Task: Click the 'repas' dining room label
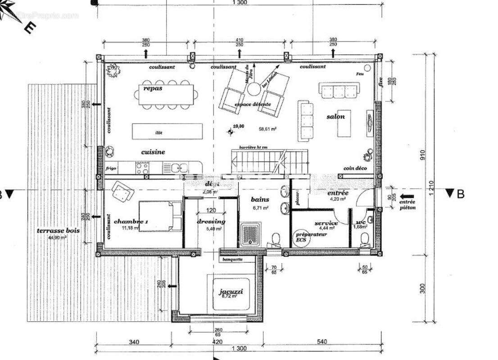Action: point(153,89)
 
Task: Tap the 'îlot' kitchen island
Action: point(158,131)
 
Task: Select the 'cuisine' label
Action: point(153,152)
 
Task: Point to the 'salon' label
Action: point(335,117)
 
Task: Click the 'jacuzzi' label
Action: point(231,292)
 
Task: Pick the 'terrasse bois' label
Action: point(58,230)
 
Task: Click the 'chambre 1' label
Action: point(131,221)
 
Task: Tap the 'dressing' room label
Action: point(211,221)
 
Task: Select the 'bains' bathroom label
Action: point(261,200)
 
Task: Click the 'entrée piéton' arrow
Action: point(408,196)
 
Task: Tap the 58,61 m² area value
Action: point(267,128)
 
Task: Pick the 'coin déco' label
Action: point(355,168)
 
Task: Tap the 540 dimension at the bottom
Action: point(321,342)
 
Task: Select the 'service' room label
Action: point(326,223)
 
